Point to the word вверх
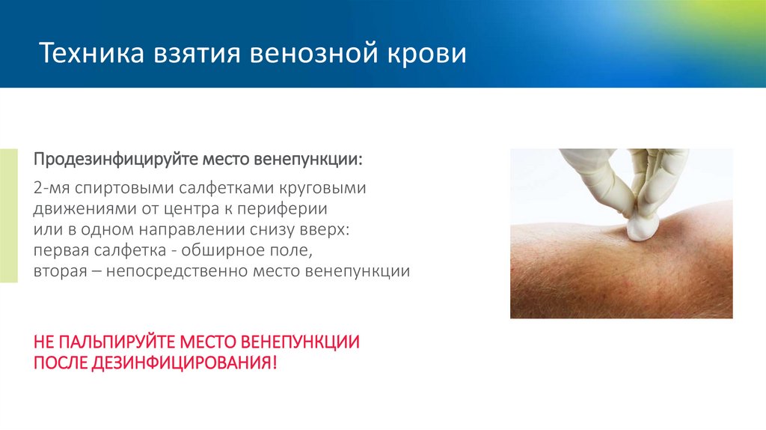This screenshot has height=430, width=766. (x=331, y=229)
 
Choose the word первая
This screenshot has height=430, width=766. (x=61, y=250)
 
